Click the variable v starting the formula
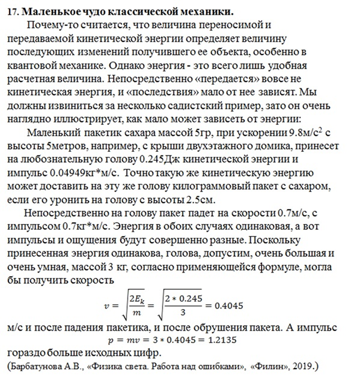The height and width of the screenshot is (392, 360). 108,306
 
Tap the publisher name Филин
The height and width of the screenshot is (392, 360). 271,366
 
